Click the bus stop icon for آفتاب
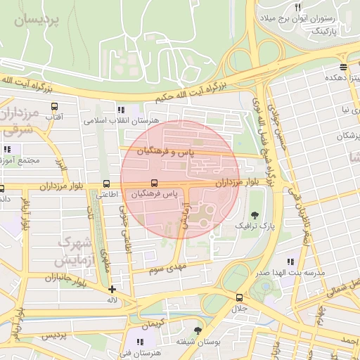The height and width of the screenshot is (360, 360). click(x=54, y=107)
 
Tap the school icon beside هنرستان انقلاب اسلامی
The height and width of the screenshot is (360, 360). click(x=121, y=110)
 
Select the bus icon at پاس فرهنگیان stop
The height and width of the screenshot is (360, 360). click(x=154, y=184)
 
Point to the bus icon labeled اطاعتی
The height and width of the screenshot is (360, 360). click(x=106, y=183)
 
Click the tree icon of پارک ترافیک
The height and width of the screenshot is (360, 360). click(x=254, y=214)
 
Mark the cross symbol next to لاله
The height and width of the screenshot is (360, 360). click(x=112, y=289)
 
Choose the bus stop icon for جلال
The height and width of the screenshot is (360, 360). click(x=240, y=297)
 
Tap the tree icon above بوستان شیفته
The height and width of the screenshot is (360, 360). click(x=198, y=330)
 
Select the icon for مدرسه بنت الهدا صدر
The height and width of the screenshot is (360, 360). click(x=291, y=262)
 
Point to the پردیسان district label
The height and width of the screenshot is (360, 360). click(x=39, y=20)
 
